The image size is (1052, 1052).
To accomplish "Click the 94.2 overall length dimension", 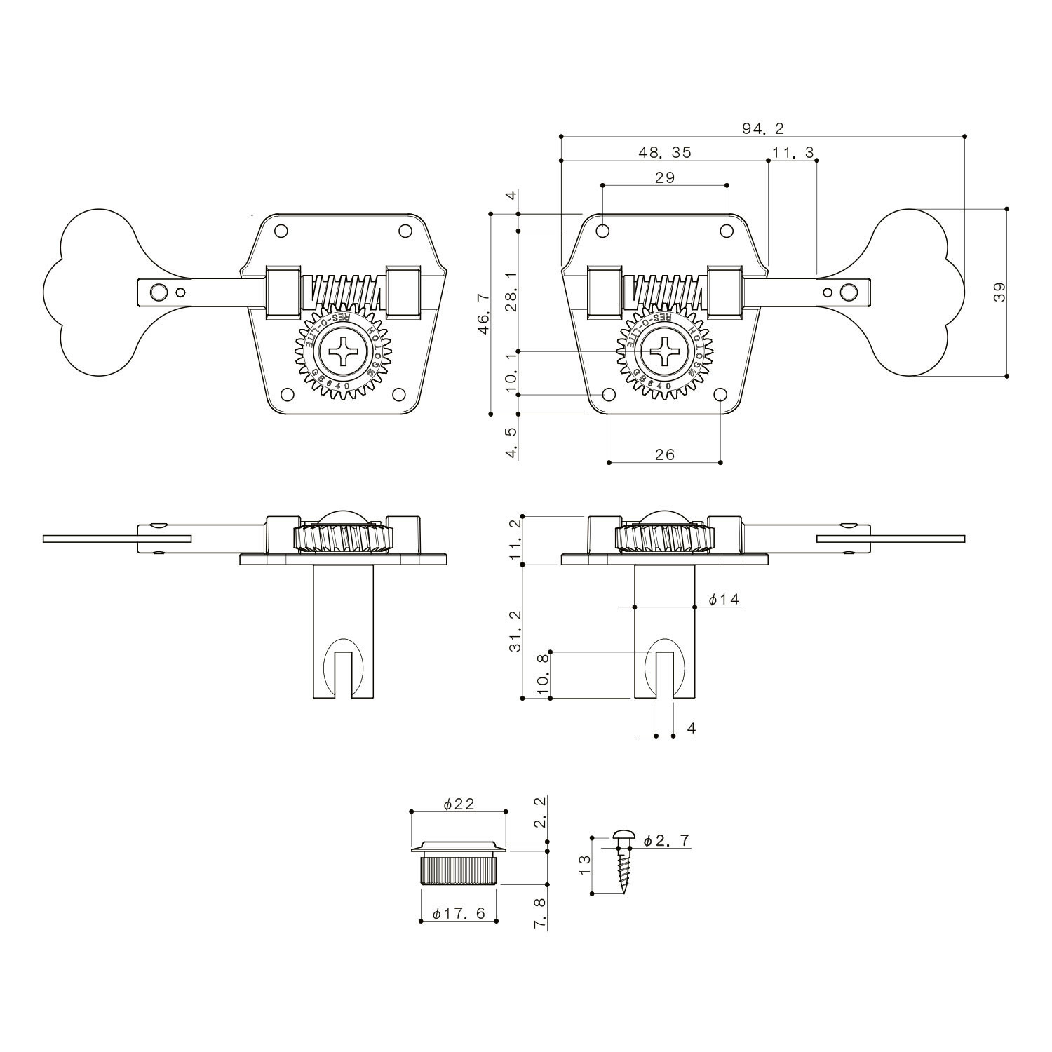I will tap(762, 128).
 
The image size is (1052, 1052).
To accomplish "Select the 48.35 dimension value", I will tap(664, 152).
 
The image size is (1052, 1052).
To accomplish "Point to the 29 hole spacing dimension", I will tap(664, 177).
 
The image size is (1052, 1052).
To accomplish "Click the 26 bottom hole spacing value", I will tap(664, 454).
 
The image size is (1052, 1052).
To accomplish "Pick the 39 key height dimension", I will tap(999, 292).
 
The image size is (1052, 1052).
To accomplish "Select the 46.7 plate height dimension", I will tap(483, 314).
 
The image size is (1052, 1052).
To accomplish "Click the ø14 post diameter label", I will tap(724, 599).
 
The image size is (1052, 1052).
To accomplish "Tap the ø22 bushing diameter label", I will tap(459, 804).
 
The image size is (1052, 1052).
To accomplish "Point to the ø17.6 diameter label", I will tap(459, 914).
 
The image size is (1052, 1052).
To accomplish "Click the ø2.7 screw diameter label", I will tap(666, 840).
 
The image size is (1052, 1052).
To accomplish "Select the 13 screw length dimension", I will tap(584, 865).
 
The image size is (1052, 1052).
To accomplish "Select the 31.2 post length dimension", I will tap(515, 631).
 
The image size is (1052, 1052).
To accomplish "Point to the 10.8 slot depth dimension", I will tap(541, 675).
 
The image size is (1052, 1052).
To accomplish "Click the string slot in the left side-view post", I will tap(342, 675).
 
